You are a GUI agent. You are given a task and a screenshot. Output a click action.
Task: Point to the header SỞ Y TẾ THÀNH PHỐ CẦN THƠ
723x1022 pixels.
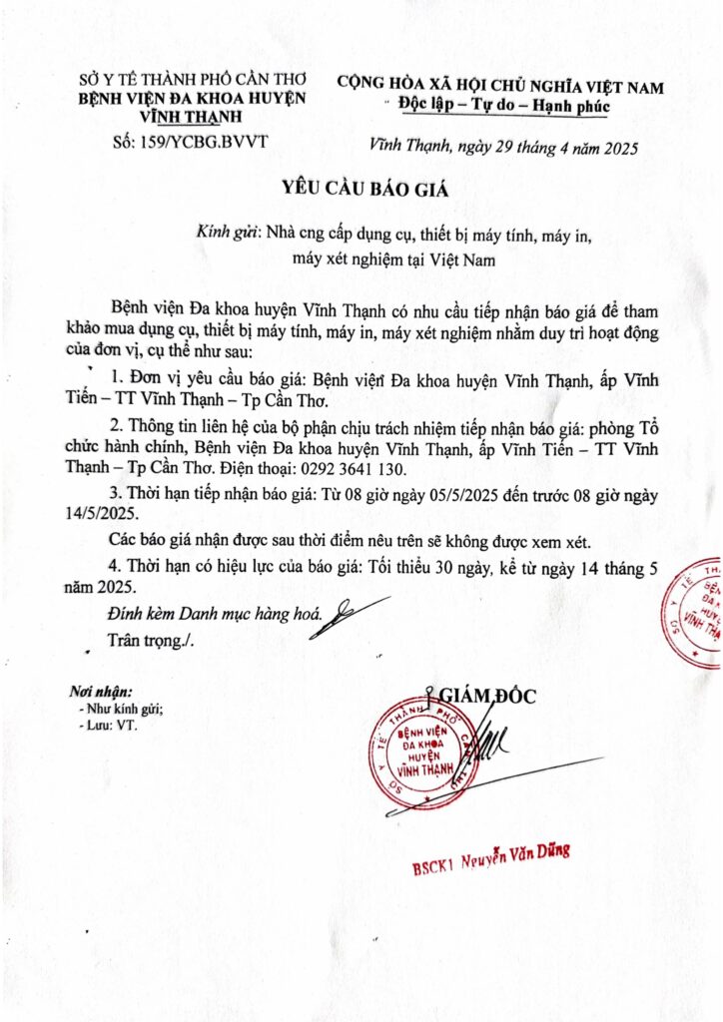tap(194, 79)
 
